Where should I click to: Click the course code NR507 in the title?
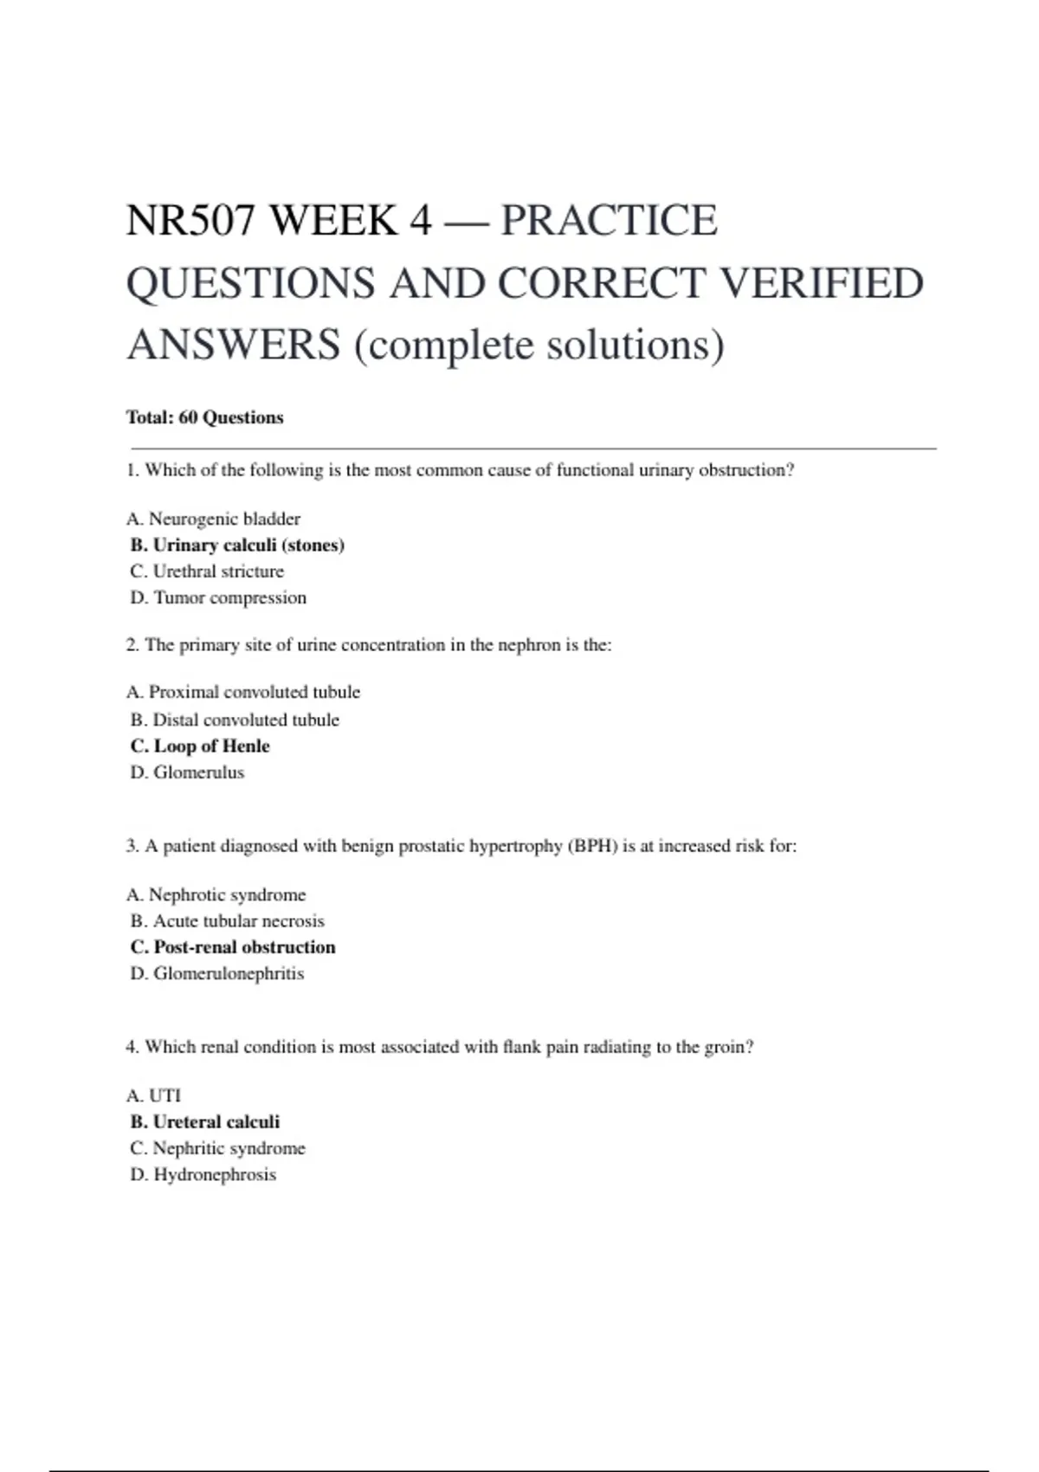pyautogui.click(x=190, y=220)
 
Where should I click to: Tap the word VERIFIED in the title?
pyautogui.click(x=822, y=283)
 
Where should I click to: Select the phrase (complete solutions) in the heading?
pyautogui.click(x=539, y=345)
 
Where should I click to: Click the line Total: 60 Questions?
pyautogui.click(x=204, y=417)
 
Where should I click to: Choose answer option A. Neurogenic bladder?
pyautogui.click(x=213, y=519)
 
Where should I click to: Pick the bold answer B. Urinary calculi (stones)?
pyautogui.click(x=237, y=546)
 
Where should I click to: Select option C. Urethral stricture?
pyautogui.click(x=207, y=571)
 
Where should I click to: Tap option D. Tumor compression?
pyautogui.click(x=218, y=597)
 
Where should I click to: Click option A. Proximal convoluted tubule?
pyautogui.click(x=242, y=692)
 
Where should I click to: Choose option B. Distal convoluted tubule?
pyautogui.click(x=235, y=720)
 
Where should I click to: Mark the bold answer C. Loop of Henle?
pyautogui.click(x=200, y=746)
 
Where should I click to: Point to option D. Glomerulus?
pyautogui.click(x=187, y=772)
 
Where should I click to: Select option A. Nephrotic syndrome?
pyautogui.click(x=216, y=894)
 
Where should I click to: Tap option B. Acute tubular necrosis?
pyautogui.click(x=227, y=920)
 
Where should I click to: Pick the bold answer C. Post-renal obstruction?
pyautogui.click(x=233, y=947)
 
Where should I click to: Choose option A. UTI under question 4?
pyautogui.click(x=153, y=1095)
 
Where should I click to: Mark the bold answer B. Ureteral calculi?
pyautogui.click(x=205, y=1122)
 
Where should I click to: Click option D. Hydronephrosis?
pyautogui.click(x=203, y=1175)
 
